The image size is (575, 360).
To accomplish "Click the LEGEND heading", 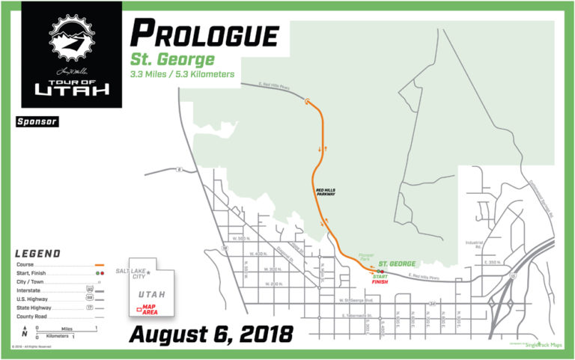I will click(37, 254).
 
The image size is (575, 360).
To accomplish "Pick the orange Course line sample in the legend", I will click(99, 265).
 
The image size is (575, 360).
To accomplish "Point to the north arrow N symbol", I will click(25, 331).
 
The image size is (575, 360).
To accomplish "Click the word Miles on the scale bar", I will click(67, 328).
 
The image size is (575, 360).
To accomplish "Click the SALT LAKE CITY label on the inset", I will click(131, 272).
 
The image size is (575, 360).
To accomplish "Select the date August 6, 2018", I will click(210, 334).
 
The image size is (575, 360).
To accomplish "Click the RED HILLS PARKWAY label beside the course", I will click(326, 192).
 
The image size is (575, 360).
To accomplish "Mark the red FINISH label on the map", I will click(381, 283).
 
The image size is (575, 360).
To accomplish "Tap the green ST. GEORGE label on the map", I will click(396, 263).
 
